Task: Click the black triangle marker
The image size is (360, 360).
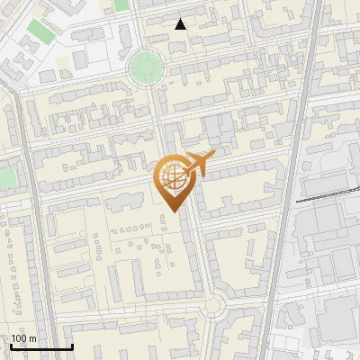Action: point(181,24)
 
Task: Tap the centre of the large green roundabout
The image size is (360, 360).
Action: point(146,66)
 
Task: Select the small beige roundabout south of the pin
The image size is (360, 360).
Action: point(213,307)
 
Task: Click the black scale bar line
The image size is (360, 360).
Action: point(41,346)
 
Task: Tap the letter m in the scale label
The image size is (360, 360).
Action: point(32,338)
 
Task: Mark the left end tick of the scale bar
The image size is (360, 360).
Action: point(11,345)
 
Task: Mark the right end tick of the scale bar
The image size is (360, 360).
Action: point(72,345)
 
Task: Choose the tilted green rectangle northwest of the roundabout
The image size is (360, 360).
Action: point(38,31)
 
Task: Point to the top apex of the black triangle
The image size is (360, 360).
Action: point(181,19)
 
